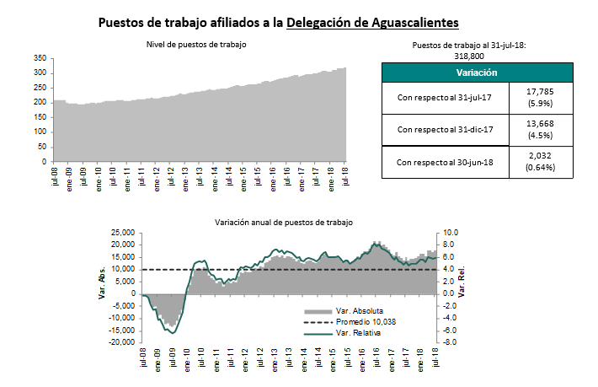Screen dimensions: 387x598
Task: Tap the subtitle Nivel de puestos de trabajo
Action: (x=198, y=44)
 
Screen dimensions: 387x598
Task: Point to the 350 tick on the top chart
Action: (x=39, y=58)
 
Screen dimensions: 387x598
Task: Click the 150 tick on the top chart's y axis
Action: (x=39, y=116)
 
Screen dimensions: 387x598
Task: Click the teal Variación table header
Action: (x=477, y=73)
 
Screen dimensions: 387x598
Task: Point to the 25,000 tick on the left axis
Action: (x=122, y=233)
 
